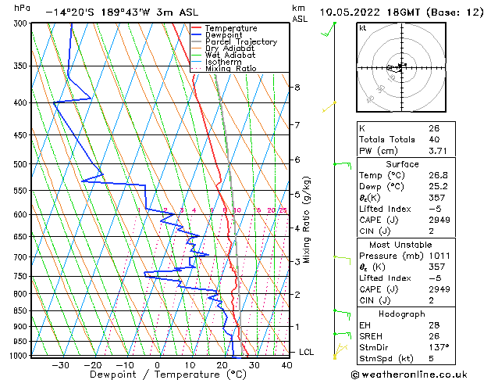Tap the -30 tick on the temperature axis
[60, 364]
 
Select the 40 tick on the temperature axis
[286, 364]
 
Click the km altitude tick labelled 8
[297, 87]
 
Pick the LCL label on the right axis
[308, 353]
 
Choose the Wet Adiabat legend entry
[230, 55]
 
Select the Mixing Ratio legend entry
[231, 68]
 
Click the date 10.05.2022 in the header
[355, 12]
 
